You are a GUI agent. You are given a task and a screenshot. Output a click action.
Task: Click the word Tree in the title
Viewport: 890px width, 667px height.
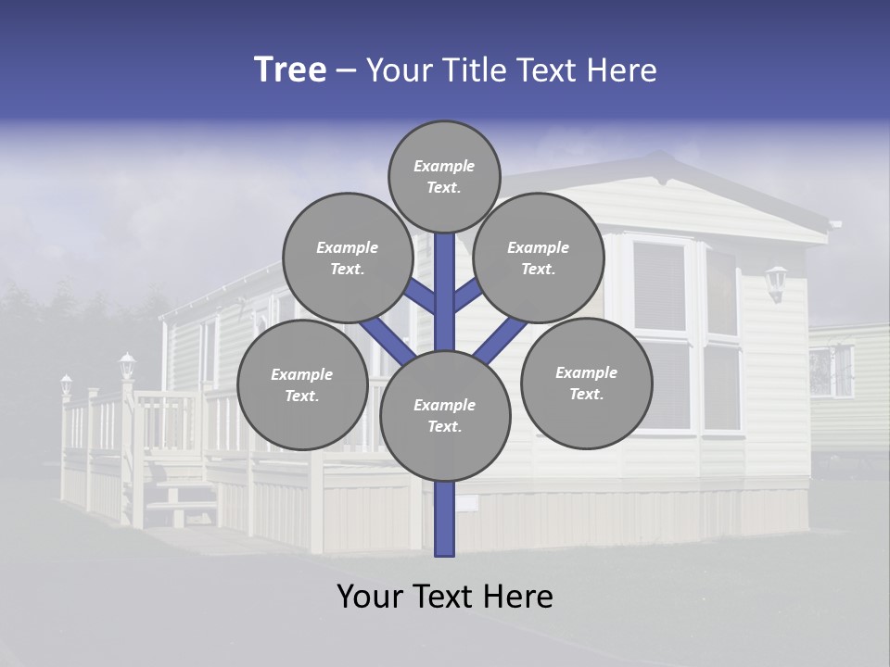click(x=290, y=69)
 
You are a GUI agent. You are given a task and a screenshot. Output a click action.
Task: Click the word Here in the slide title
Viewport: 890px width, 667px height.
click(x=622, y=70)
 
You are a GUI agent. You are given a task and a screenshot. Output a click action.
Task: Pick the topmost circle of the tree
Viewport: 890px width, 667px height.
click(x=444, y=176)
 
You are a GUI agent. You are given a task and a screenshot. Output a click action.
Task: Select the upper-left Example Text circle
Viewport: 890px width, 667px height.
click(x=347, y=258)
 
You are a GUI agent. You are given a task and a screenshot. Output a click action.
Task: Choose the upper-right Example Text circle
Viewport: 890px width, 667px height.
click(x=538, y=258)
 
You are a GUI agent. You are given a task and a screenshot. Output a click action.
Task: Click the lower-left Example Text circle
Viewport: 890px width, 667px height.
click(x=302, y=384)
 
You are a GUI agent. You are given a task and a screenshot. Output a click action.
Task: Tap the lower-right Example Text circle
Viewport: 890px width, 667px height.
click(x=586, y=383)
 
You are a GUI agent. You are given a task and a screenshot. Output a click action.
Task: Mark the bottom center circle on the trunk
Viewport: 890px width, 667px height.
click(x=445, y=415)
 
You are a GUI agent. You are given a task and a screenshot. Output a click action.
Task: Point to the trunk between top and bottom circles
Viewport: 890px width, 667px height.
click(x=445, y=292)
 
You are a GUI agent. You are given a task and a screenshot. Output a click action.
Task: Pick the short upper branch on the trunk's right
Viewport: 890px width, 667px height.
click(x=468, y=296)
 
